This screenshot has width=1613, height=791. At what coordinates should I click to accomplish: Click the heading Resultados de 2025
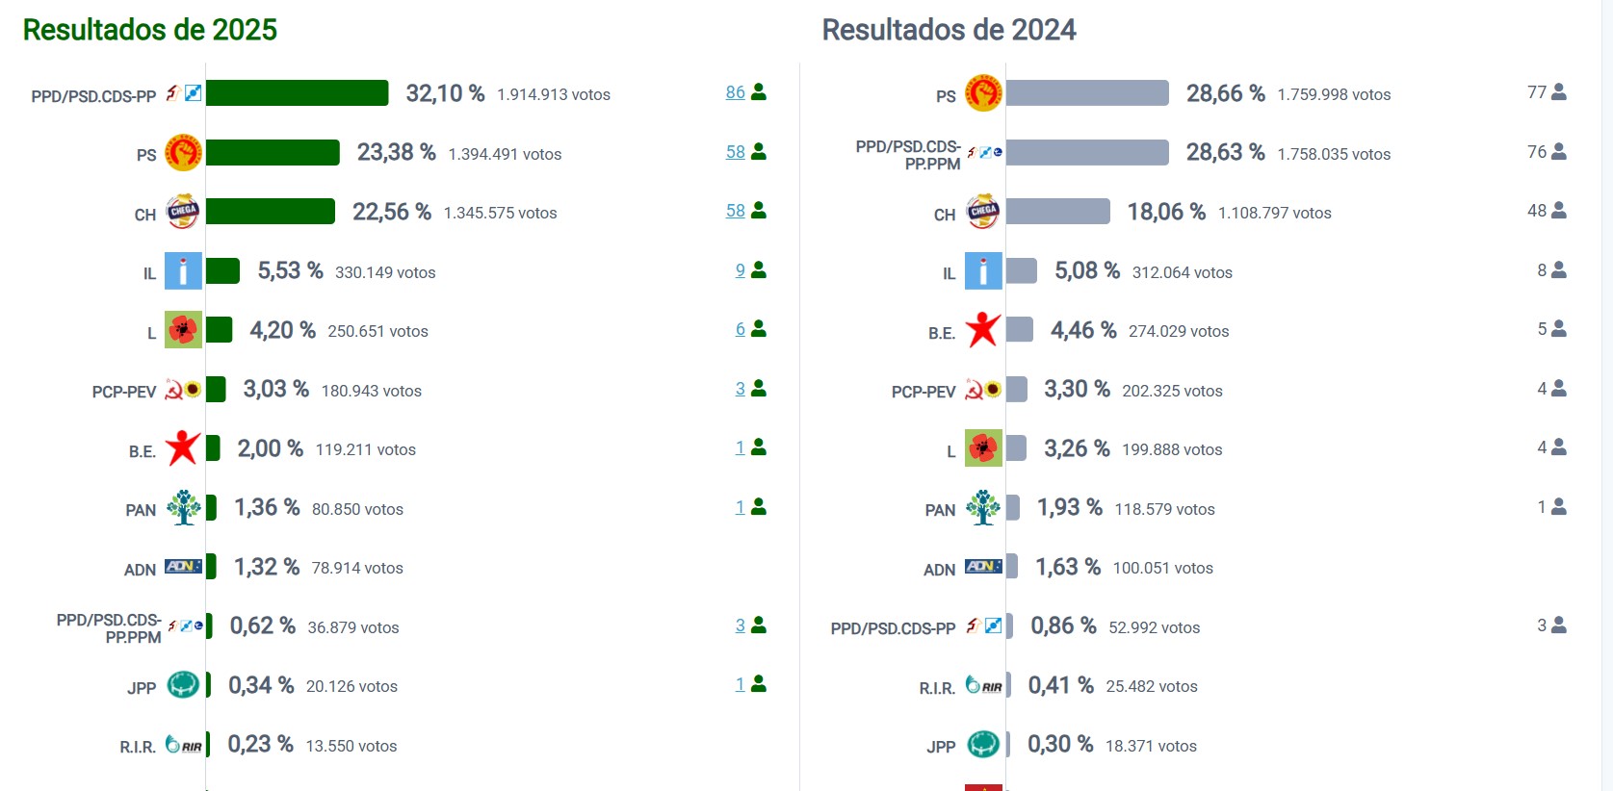point(149,30)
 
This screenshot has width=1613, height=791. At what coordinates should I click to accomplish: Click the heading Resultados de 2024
point(949,30)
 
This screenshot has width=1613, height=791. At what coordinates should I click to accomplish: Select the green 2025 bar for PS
point(273,153)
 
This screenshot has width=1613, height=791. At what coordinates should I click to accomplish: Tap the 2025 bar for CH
point(271,212)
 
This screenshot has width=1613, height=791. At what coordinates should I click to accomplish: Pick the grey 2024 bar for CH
point(1057,212)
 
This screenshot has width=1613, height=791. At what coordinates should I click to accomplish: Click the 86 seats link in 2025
point(736,92)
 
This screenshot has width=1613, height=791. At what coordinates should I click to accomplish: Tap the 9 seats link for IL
point(741,270)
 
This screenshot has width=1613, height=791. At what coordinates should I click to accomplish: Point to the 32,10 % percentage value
point(445,93)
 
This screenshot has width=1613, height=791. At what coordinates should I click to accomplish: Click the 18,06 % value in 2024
point(1166,212)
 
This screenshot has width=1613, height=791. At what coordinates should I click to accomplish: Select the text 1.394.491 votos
point(505,154)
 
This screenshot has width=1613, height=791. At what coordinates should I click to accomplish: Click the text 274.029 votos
point(1179,331)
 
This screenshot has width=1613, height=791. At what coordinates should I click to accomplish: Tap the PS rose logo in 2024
point(983,93)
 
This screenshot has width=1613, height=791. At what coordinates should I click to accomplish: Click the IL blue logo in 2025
point(183,271)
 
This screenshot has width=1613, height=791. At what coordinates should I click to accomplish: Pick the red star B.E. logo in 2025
point(183,448)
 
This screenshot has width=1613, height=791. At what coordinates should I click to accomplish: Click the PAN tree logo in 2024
point(983,507)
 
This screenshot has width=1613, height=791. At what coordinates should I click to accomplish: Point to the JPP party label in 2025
point(142,688)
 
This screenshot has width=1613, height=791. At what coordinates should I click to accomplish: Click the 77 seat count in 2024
point(1537,92)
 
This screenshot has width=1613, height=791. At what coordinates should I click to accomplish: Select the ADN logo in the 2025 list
point(183,567)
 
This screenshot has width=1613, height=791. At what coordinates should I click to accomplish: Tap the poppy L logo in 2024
point(983,448)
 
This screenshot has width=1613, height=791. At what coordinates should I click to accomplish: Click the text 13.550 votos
point(351,746)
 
